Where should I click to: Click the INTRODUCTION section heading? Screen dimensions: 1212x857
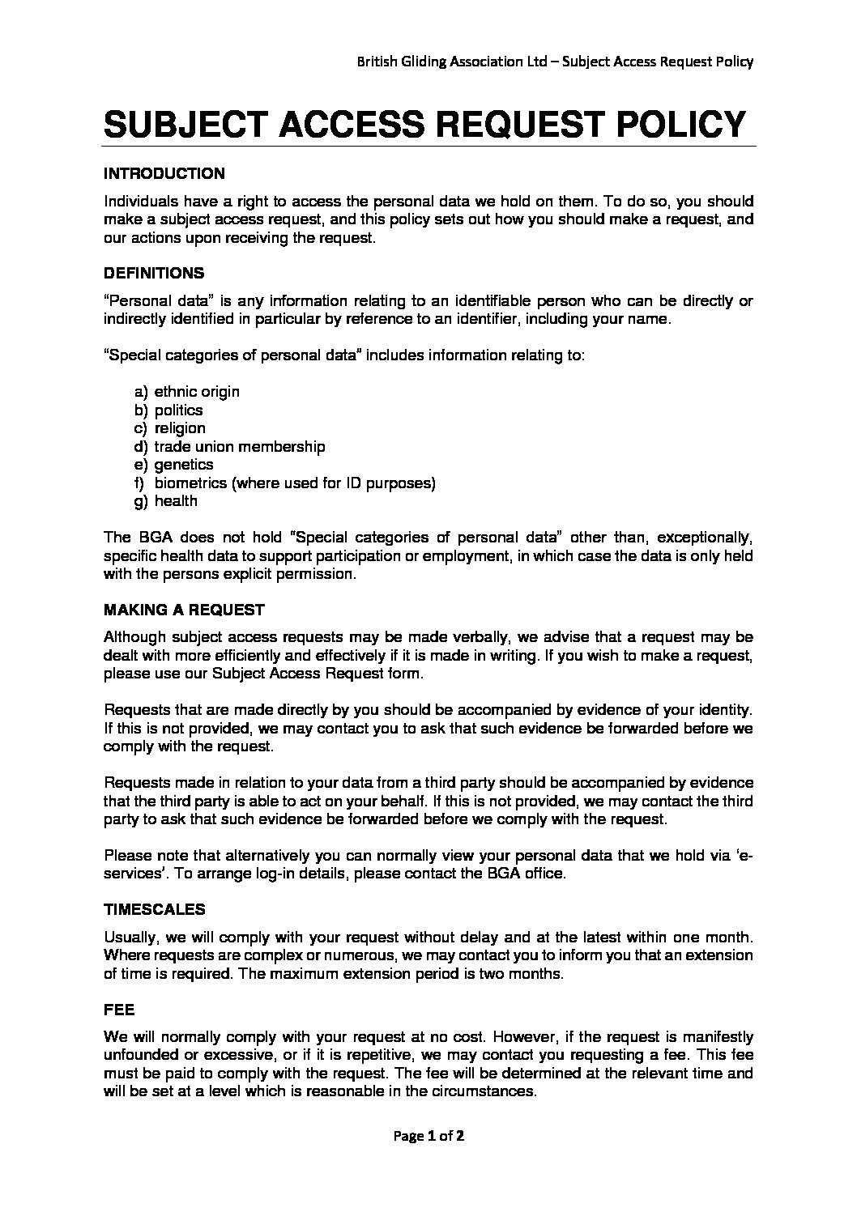pos(164,173)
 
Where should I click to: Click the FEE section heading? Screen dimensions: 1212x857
pos(119,1010)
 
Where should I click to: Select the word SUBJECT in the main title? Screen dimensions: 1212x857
pos(184,124)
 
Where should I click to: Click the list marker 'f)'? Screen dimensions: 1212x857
pos(140,483)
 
